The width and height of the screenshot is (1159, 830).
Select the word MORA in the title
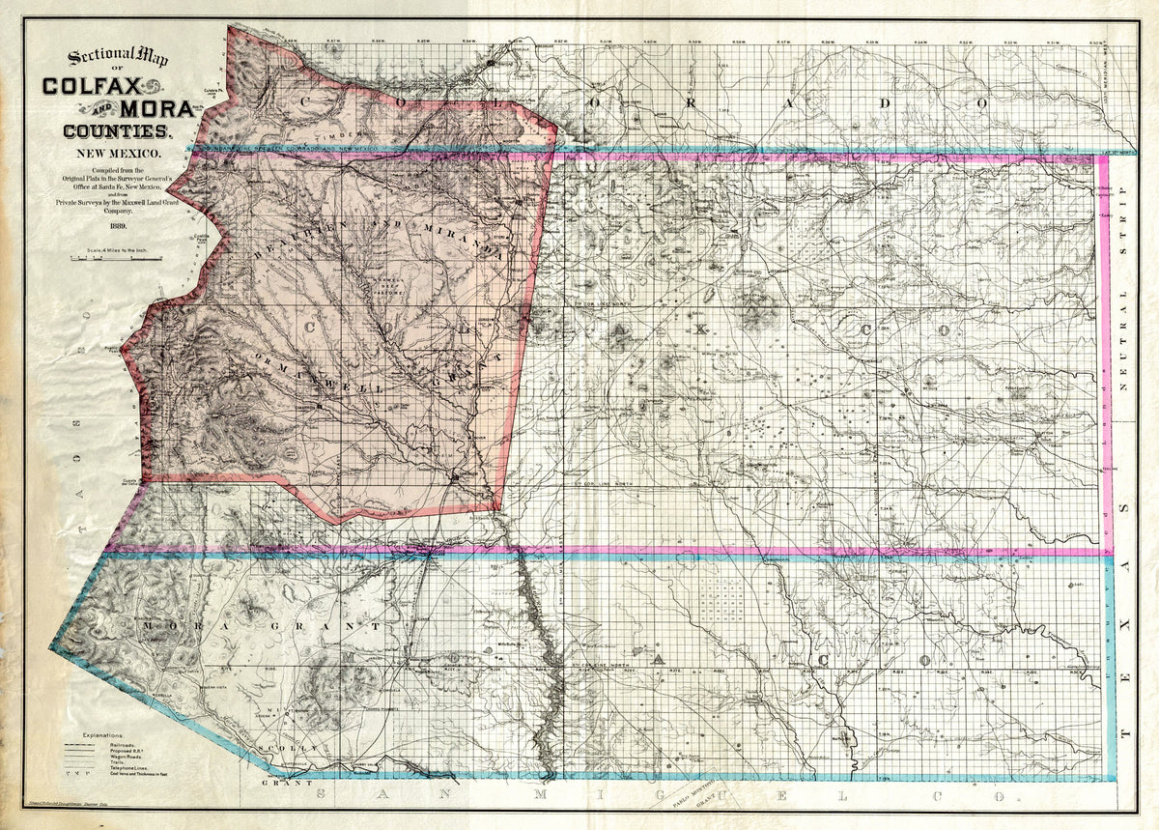tap(155, 108)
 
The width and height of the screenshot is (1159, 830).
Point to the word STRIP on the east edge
tap(1124, 236)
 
